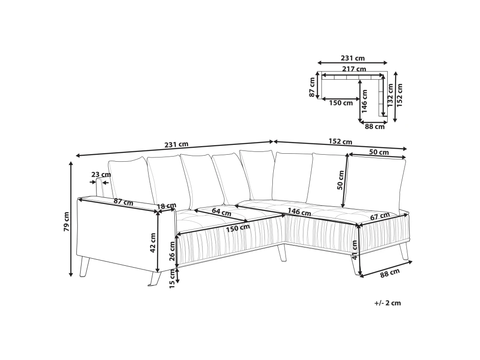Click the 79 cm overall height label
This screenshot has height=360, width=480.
[67, 221]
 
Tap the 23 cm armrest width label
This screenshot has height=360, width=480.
[101, 175]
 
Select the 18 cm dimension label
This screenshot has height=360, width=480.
[166, 206]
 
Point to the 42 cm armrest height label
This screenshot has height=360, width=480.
[153, 243]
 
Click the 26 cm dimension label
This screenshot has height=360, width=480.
[172, 251]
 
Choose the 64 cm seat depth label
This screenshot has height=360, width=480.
[221, 212]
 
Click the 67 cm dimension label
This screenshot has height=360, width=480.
[380, 217]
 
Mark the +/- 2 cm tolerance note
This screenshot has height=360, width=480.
[387, 303]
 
